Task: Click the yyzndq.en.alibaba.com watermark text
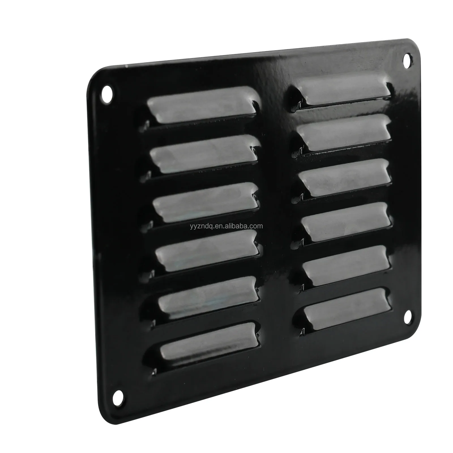click(x=226, y=226)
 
